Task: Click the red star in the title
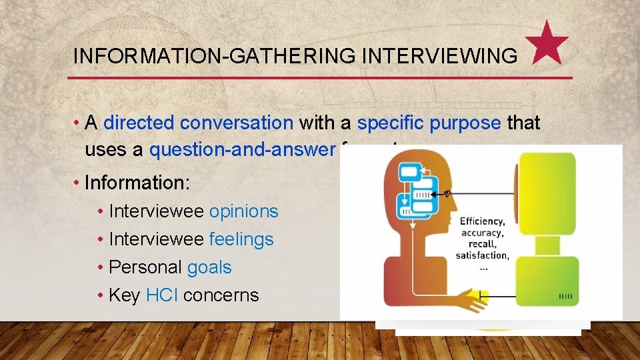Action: click(x=551, y=44)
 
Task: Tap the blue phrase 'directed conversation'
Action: click(x=198, y=123)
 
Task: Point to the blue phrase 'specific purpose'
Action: click(x=429, y=123)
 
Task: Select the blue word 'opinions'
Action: click(x=243, y=211)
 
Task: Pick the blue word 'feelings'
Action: click(x=241, y=239)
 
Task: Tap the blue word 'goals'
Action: click(x=209, y=267)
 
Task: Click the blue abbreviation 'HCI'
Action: click(x=161, y=295)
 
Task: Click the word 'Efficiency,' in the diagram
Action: click(x=482, y=221)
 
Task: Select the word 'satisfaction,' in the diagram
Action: click(x=482, y=255)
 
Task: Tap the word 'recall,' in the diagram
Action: click(x=481, y=244)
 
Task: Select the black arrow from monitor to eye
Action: click(x=480, y=193)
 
